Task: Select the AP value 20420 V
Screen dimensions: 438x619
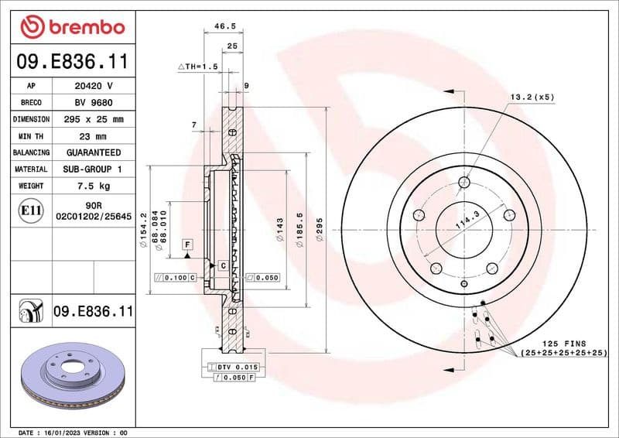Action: pos(94,86)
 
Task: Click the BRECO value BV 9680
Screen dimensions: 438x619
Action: pos(94,103)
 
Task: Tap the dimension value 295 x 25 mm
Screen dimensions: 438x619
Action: pos(94,120)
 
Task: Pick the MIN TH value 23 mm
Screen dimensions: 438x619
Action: pos(94,136)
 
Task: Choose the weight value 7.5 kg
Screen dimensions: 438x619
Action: pos(94,186)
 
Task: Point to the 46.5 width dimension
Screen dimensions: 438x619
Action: pos(224,26)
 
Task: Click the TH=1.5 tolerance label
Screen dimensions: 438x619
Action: pos(198,67)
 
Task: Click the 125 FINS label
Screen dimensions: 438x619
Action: pos(563,343)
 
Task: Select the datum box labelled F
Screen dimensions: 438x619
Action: pos(186,245)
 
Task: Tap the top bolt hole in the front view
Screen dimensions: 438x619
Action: pos(464,183)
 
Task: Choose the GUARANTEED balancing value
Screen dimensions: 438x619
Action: pos(94,152)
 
